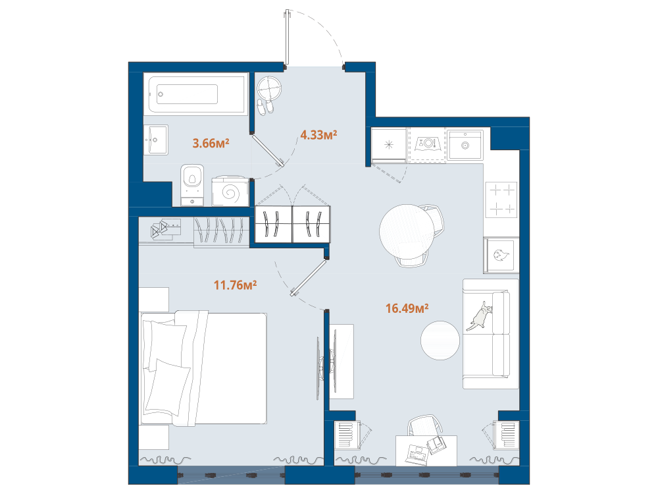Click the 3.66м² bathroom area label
click(x=211, y=143)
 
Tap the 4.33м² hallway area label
click(x=318, y=135)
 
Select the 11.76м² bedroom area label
click(x=235, y=285)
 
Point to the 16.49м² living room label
click(x=407, y=308)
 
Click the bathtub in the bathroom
click(x=196, y=94)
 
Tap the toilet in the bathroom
click(x=192, y=185)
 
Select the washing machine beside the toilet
click(x=230, y=192)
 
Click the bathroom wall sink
click(x=156, y=140)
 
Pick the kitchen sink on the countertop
click(x=465, y=144)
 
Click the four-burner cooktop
click(x=501, y=200)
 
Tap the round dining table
click(x=407, y=231)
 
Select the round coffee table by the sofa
click(x=440, y=341)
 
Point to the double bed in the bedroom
click(x=203, y=368)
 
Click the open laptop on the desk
click(x=417, y=454)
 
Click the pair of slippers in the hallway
click(x=265, y=107)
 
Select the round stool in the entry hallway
click(x=268, y=88)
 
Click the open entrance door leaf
click(x=287, y=38)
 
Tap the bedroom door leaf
click(x=309, y=278)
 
